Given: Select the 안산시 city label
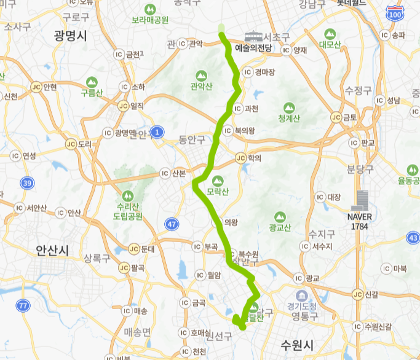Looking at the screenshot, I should [x=53, y=250].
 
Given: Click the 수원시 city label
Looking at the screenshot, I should [x=297, y=344].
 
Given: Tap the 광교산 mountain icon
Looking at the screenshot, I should [x=280, y=217].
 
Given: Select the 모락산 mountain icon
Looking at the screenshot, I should [x=217, y=181].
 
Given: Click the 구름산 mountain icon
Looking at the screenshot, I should [x=92, y=81].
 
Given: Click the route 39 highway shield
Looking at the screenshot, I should [x=26, y=183].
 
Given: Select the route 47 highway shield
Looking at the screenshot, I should [x=172, y=224].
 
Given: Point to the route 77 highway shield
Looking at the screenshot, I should [x=23, y=305].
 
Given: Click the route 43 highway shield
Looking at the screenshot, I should [x=413, y=238].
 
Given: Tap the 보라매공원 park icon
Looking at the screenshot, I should [x=149, y=10].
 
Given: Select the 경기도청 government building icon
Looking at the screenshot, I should [x=301, y=296].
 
